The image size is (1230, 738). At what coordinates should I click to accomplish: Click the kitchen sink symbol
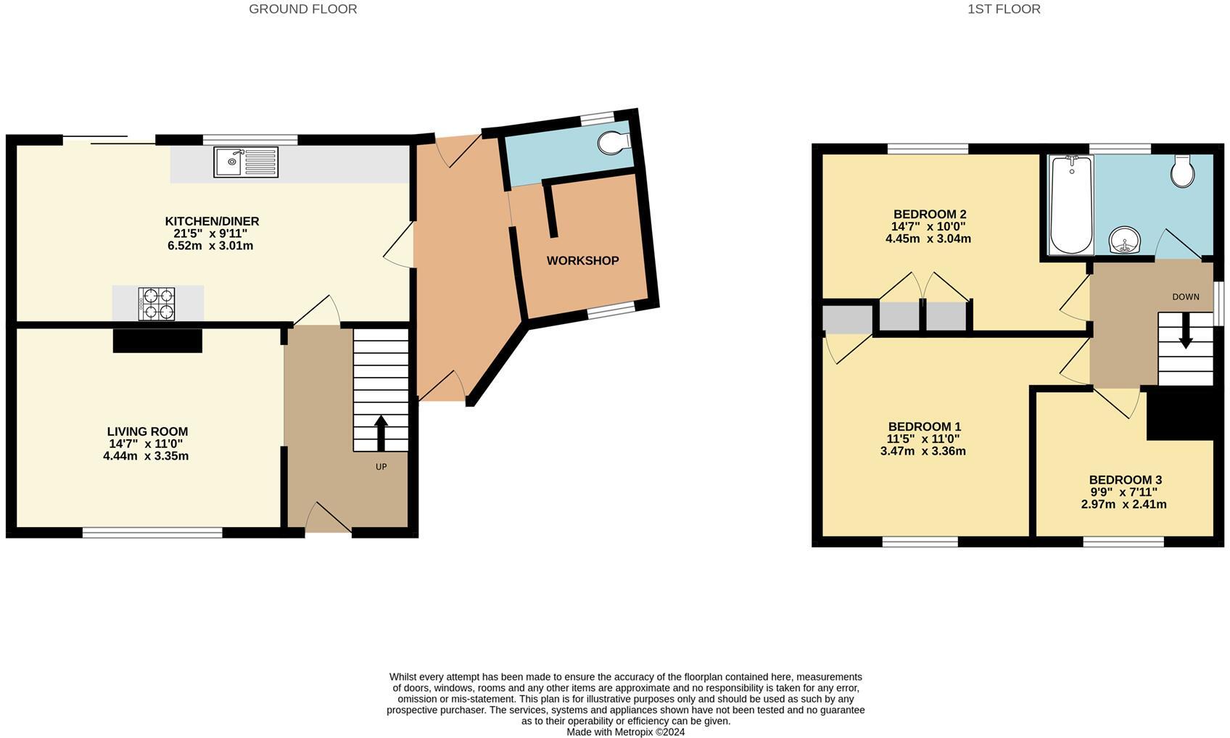point(246,162)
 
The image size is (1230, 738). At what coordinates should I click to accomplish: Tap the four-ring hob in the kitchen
point(157,304)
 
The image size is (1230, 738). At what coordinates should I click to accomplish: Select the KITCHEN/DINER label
point(212,221)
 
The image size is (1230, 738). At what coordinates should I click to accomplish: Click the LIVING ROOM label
point(147,431)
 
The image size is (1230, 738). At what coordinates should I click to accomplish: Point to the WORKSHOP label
point(582,260)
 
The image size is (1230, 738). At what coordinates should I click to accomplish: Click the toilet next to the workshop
point(614,142)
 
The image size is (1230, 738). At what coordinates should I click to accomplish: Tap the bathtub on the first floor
point(1071,204)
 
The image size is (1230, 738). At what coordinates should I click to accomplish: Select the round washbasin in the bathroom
point(1125,239)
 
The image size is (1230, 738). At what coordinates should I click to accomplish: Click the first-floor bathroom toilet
point(1183,171)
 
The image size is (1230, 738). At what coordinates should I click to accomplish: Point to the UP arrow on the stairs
point(381,433)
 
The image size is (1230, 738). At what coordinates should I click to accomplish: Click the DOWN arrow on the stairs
point(1185,331)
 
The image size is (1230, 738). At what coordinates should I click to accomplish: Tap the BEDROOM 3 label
point(1125,479)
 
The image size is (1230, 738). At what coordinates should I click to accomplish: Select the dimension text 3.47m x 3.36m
point(922,451)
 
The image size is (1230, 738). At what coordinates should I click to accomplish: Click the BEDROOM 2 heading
point(929,214)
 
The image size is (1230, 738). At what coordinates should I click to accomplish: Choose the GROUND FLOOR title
point(302,9)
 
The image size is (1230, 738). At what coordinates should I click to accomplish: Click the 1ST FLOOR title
point(1004,9)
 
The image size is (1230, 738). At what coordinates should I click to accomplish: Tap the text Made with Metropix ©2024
point(625,731)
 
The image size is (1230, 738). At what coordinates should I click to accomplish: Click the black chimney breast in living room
point(157,341)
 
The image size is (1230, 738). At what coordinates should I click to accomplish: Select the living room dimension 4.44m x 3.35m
point(146,456)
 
